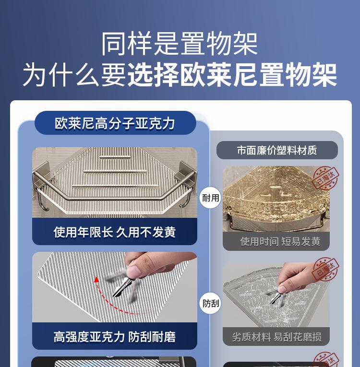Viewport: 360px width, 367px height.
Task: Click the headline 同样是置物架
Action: pos(180,44)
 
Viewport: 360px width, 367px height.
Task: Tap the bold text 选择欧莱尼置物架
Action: pos(232,75)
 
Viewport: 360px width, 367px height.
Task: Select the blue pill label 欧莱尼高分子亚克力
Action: pos(115,123)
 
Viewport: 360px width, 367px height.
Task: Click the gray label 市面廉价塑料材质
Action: pos(277,150)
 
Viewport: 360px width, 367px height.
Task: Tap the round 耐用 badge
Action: pos(210,198)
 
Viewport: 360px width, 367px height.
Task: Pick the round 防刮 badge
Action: pos(210,303)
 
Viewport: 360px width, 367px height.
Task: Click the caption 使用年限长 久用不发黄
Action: pos(115,232)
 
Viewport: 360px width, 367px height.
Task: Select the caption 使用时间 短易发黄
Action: pos(280,241)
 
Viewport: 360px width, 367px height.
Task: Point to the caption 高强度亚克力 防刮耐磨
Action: pos(115,337)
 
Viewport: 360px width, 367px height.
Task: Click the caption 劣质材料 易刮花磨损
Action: pos(276,337)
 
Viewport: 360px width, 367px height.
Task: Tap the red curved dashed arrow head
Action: pos(96,279)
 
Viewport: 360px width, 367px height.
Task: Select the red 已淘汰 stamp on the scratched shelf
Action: pos(325,269)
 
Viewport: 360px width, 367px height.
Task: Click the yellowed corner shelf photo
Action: pos(276,199)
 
